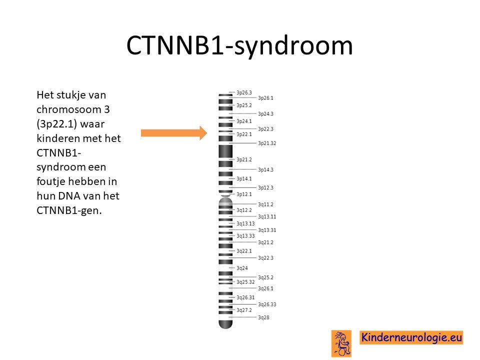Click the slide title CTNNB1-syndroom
point(239,46)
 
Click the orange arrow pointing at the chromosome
point(174,133)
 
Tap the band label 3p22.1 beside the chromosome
point(244,134)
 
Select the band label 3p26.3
point(244,92)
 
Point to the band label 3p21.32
point(267,143)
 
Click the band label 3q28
point(263,317)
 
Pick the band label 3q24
point(242,268)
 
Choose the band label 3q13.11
point(267,216)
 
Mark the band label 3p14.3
point(265,169)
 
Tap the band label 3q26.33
point(267,304)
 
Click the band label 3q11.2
point(265,204)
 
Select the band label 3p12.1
point(244,194)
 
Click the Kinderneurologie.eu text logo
point(411,337)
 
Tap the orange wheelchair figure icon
point(341,343)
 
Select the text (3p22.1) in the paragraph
point(56,124)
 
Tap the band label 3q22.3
point(265,258)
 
